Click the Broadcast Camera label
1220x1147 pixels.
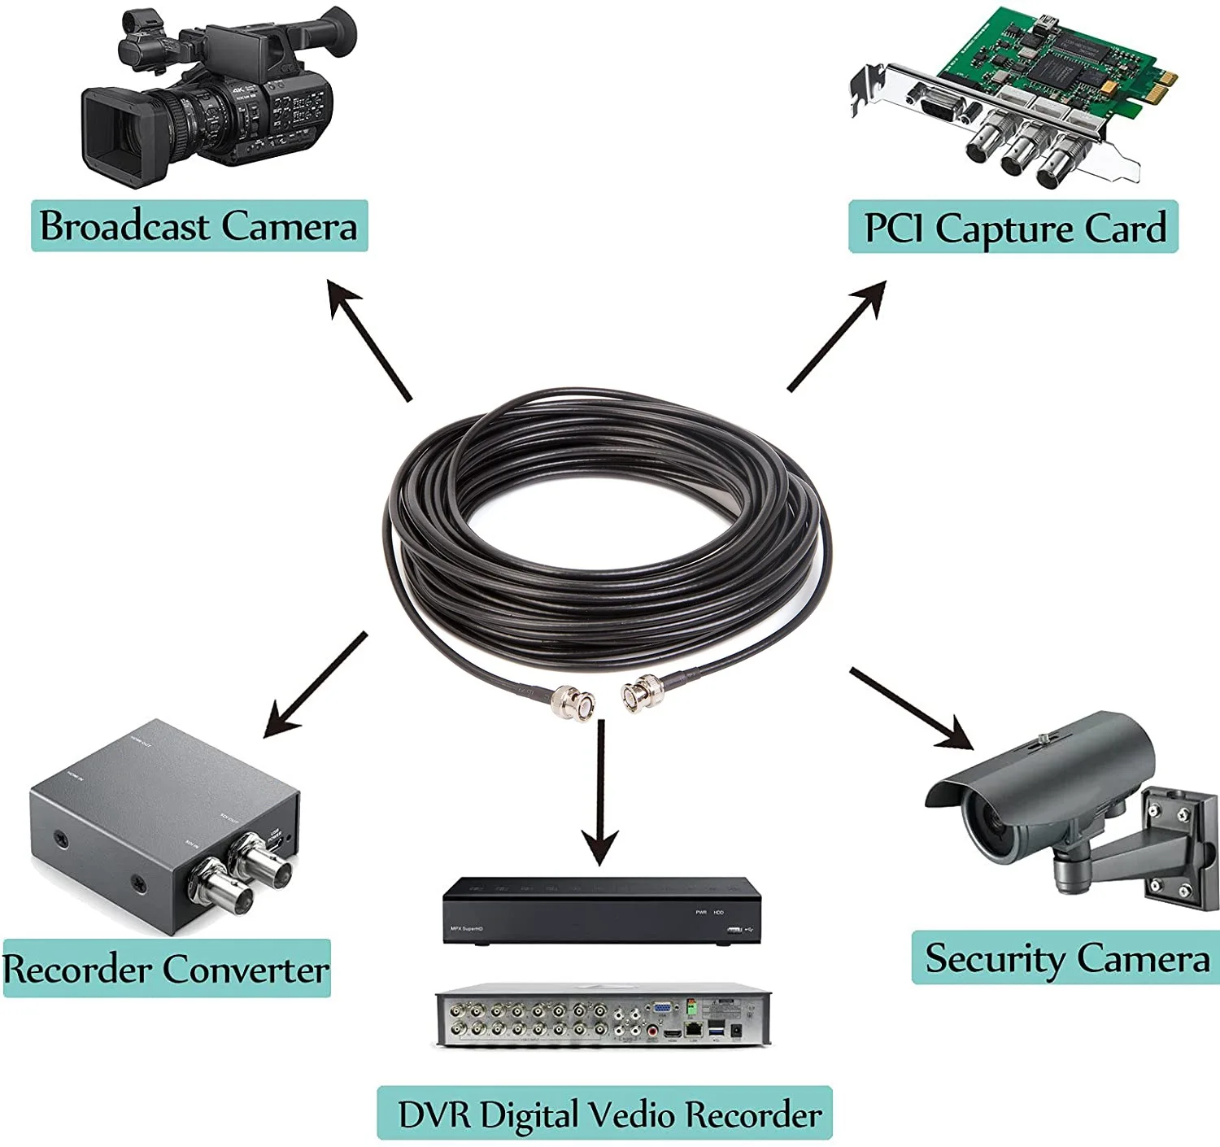click(199, 225)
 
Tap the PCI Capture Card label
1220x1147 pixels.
click(1013, 227)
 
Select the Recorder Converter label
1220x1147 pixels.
click(166, 969)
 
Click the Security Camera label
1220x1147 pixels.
click(1066, 958)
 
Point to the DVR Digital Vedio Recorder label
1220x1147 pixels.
click(605, 1114)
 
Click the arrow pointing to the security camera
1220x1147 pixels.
click(910, 707)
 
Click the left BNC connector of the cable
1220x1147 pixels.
click(574, 702)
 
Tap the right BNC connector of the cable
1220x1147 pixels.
click(643, 692)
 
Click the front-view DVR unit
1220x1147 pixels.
click(601, 911)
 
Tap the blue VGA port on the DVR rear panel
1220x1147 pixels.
click(662, 1009)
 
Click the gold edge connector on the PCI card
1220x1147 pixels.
click(1167, 79)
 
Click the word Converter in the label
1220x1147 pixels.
click(246, 969)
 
